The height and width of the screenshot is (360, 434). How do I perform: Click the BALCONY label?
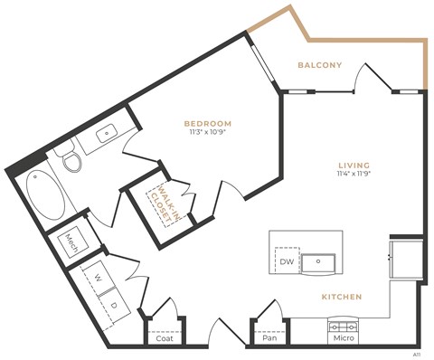coord(320,65)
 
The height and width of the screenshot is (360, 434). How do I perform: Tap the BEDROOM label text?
coord(208,123)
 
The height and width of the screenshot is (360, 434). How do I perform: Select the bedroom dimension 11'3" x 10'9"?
coord(208,133)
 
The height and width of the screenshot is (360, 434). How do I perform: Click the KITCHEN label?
coord(342,297)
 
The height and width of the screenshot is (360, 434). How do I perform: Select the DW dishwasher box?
coord(287,262)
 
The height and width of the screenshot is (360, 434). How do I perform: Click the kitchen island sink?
coord(322,262)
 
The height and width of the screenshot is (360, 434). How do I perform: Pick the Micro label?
coord(343,338)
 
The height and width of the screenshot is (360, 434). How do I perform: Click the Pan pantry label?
coord(269,338)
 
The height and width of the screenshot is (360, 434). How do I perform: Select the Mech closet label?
coord(72,242)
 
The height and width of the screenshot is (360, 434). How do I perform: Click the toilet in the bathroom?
coord(70,162)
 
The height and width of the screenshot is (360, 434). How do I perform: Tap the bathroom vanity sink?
coord(107,134)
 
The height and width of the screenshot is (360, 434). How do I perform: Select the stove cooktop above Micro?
coord(343,326)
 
